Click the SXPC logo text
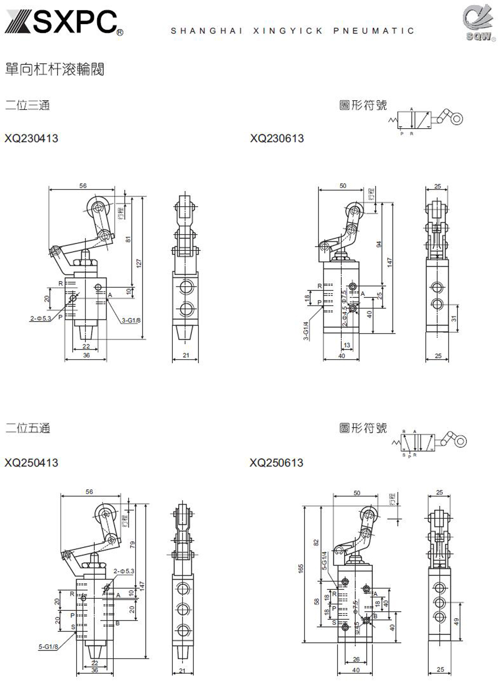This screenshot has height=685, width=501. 63,22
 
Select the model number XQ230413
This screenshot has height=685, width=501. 31,138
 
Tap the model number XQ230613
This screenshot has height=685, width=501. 277,138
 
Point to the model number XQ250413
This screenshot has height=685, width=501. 31,463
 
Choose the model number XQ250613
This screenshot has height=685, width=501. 277,463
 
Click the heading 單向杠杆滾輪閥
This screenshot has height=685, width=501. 54,69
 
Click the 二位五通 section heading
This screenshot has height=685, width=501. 28,428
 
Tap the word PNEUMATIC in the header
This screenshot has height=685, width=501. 374,31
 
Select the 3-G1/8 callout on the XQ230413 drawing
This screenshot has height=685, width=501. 131,320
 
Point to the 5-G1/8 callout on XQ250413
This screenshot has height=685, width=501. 49,646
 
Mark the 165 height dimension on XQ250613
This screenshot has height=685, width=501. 301,569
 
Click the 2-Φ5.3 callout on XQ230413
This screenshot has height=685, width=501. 41,318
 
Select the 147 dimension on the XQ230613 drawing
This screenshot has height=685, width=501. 389,262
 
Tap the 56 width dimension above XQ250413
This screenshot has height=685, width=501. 89,492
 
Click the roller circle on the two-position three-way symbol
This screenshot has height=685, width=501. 456,119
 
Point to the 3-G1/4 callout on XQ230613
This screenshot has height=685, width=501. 306,331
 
